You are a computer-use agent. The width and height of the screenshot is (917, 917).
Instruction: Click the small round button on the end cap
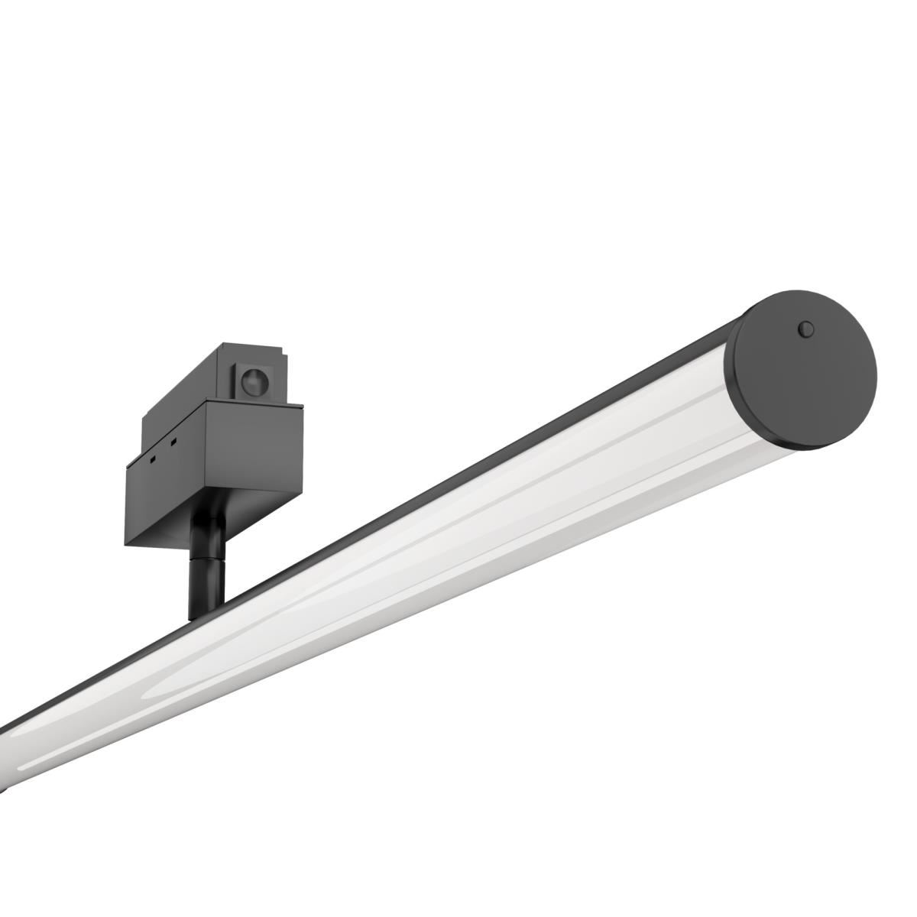click(x=805, y=329)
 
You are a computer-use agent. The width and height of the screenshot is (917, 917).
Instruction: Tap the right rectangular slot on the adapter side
click(x=174, y=442)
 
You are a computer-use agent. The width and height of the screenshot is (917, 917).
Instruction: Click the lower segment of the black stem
click(x=205, y=588)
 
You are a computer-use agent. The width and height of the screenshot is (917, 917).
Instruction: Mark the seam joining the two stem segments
click(x=206, y=562)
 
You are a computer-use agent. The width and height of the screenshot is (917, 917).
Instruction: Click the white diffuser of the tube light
click(x=458, y=535)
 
